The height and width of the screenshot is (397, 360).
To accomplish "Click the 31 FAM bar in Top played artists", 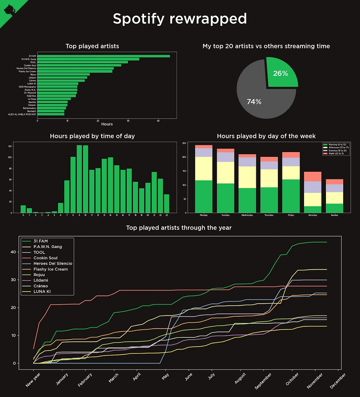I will [x=103, y=56].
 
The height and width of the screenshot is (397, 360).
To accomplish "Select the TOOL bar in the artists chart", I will [x=82, y=62].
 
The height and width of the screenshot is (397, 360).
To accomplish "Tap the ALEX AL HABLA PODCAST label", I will [x=22, y=114].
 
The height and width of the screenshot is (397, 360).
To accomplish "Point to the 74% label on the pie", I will [x=254, y=102].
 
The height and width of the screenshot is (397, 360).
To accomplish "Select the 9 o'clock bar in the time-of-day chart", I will [x=79, y=179].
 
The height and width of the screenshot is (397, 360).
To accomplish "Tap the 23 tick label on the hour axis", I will [x=167, y=215].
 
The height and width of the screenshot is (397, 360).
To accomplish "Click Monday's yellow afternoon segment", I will [x=204, y=169].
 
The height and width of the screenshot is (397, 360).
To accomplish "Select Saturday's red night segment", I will [x=313, y=177].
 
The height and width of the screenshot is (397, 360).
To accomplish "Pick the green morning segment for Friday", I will [x=291, y=196].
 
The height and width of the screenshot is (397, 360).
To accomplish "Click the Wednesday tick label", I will [x=247, y=215].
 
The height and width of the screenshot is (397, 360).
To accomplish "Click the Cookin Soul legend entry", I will [x=45, y=258].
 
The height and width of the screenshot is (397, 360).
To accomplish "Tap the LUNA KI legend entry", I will [x=42, y=292].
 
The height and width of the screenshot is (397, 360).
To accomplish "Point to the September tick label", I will [x=263, y=381].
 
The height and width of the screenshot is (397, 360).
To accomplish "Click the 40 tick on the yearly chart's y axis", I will [x=13, y=252].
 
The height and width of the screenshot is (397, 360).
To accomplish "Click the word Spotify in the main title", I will [x=138, y=19].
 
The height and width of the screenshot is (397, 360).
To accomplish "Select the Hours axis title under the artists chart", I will [x=107, y=124].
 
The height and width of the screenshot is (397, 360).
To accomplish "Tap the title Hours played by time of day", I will [x=92, y=136].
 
